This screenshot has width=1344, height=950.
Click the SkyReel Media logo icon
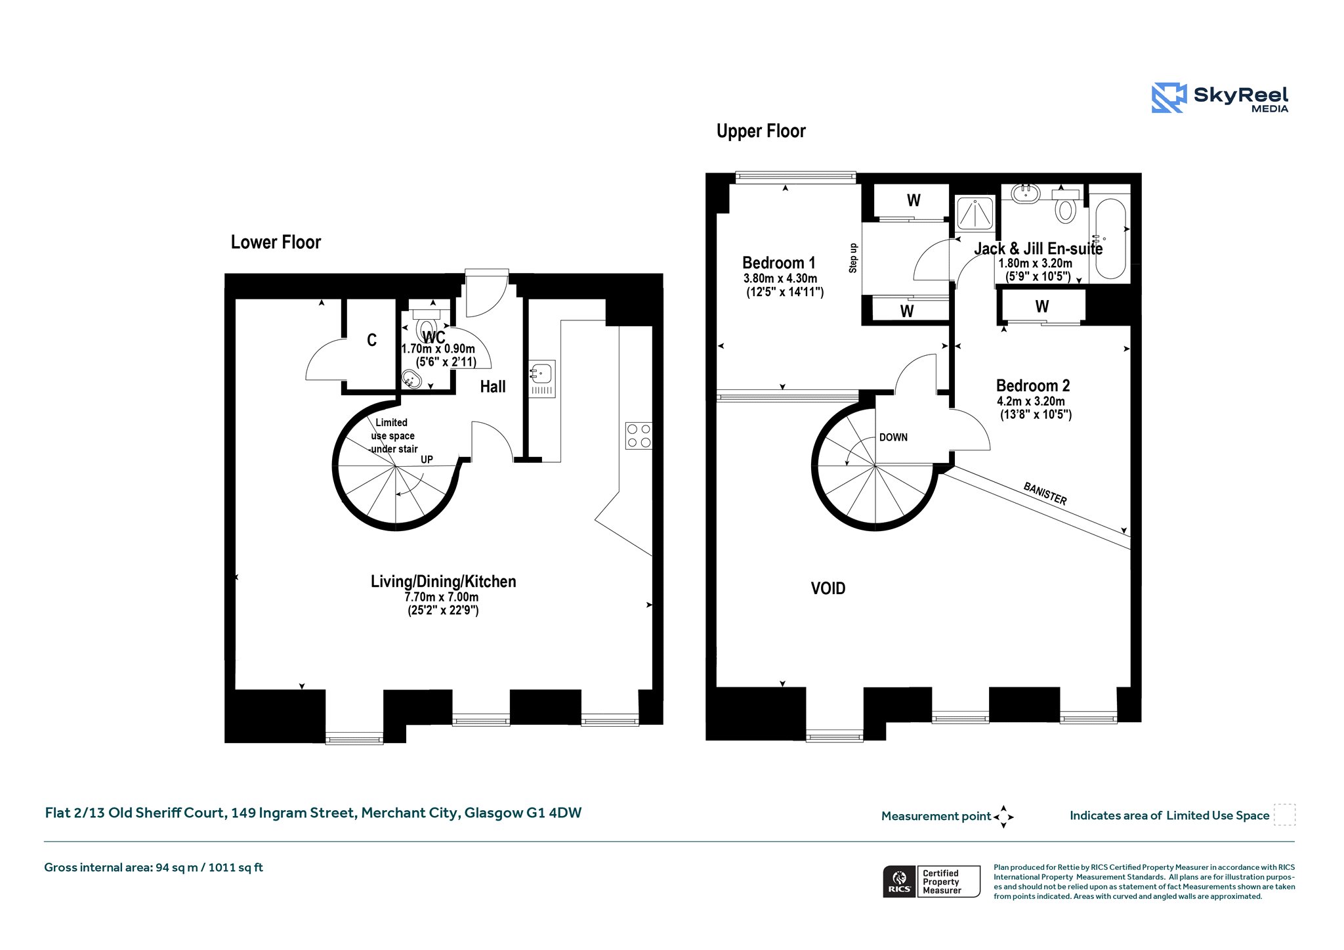(x=1169, y=98)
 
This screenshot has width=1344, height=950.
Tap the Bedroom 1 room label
(x=779, y=263)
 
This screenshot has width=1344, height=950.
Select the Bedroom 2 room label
(x=1033, y=386)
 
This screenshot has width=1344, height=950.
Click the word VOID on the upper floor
(x=828, y=588)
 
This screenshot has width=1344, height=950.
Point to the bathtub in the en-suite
(x=1110, y=239)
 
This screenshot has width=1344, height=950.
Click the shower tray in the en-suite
(x=975, y=213)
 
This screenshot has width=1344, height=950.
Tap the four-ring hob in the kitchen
(x=639, y=435)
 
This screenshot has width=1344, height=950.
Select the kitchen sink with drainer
(x=542, y=379)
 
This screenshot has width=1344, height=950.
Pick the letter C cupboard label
(x=372, y=340)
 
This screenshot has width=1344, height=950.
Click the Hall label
(x=493, y=387)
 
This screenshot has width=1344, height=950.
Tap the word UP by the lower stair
(x=427, y=460)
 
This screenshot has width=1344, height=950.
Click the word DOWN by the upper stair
(x=893, y=437)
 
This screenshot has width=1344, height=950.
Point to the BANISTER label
(x=1045, y=494)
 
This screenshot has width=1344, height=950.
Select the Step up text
(x=853, y=258)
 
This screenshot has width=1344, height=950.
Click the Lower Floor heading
(x=276, y=242)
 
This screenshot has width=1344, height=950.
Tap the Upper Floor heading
(x=761, y=131)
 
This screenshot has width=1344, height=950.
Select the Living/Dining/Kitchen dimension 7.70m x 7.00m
(x=442, y=597)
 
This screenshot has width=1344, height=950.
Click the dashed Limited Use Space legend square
(x=1284, y=815)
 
